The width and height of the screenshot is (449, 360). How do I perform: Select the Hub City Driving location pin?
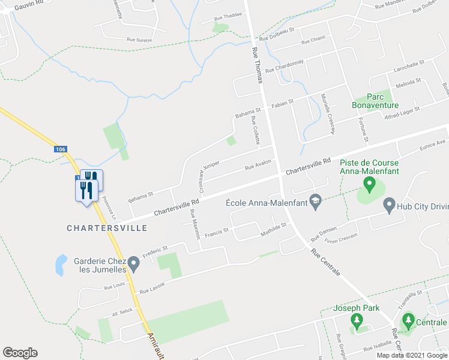tap(389, 205)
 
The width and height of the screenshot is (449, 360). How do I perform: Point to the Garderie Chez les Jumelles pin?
tap(134, 262)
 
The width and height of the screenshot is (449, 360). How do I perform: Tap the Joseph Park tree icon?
tap(357, 322)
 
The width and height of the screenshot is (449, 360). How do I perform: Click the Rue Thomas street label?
tap(257, 66)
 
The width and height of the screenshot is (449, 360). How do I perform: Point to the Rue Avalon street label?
tap(258, 164)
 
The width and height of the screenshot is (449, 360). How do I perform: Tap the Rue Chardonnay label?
tap(284, 66)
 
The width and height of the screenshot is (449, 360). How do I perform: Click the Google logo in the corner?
tap(20, 353)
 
